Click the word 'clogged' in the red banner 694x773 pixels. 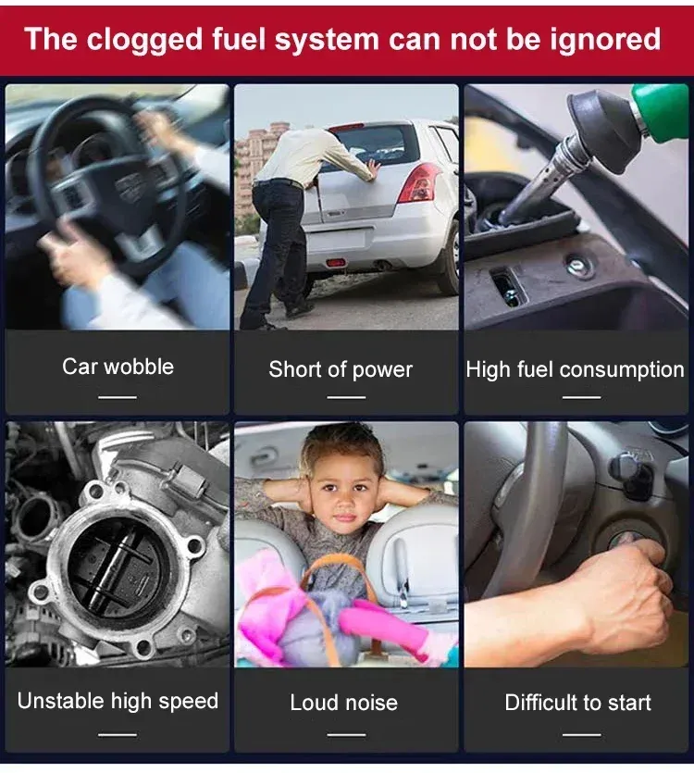[x=144, y=40]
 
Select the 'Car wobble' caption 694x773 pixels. [x=118, y=367]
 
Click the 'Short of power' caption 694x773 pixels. [x=341, y=369]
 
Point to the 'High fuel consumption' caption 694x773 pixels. [x=576, y=369]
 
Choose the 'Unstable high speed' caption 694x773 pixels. [x=118, y=701]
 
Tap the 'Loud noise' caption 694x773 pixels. [x=343, y=703]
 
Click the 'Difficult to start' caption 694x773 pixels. [x=577, y=703]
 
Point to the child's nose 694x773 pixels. [x=345, y=504]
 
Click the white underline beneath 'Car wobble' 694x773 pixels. [x=118, y=397]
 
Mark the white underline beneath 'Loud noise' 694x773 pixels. [x=346, y=734]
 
